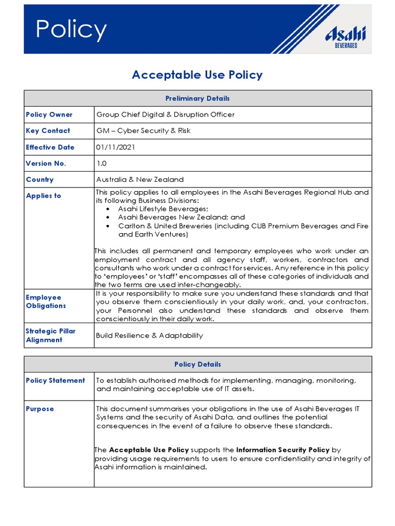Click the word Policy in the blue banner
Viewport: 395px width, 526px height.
(x=71, y=30)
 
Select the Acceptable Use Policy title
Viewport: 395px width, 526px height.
(x=197, y=75)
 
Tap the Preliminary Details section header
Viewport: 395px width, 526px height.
(x=197, y=98)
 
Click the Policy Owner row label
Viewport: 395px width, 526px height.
(x=49, y=115)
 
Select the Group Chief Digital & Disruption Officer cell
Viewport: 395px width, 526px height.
(x=165, y=115)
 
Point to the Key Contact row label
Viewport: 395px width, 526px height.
(x=48, y=131)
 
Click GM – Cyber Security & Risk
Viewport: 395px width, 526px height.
(x=143, y=131)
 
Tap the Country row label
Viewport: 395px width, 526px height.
(x=40, y=180)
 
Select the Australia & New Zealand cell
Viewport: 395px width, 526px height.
(x=139, y=180)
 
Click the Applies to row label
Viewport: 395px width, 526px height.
(x=43, y=196)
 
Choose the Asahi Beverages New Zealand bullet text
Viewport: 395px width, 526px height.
(x=181, y=217)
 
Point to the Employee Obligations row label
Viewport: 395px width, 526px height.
(x=46, y=302)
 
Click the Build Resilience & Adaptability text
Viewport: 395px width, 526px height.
(x=149, y=335)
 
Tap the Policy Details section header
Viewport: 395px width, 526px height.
(x=197, y=364)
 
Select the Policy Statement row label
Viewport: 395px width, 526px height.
(x=55, y=381)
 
